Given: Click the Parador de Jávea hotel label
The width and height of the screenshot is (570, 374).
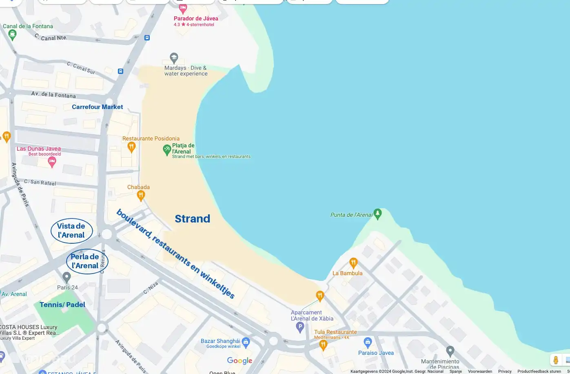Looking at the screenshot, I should [x=196, y=18].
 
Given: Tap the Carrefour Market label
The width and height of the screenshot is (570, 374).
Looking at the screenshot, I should [x=97, y=107].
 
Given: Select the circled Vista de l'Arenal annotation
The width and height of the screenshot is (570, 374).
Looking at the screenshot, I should [x=71, y=231].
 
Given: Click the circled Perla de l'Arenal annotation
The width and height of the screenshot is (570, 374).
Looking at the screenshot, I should [x=84, y=261].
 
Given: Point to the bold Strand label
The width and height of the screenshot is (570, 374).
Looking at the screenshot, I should [x=192, y=219].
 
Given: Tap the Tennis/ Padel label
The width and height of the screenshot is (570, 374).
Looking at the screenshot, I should [x=62, y=305].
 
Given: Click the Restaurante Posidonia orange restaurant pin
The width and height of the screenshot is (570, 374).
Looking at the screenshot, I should [x=131, y=146].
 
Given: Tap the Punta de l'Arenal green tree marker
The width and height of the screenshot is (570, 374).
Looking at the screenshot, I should [x=378, y=213].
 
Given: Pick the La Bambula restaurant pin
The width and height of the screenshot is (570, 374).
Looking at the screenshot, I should [x=353, y=263].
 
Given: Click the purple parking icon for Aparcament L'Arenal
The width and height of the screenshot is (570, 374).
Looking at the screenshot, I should [x=300, y=327].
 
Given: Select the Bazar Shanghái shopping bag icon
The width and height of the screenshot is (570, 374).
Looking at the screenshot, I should [x=246, y=341].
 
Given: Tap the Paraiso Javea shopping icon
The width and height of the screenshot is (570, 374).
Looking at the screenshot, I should [x=368, y=342].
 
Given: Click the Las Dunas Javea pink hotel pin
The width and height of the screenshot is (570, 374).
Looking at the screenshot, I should [x=52, y=162].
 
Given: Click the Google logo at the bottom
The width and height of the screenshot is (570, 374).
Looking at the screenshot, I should [x=240, y=361].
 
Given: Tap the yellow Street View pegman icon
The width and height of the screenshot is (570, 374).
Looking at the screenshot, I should [x=555, y=360].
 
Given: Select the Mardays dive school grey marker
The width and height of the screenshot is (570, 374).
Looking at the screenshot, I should [x=174, y=58].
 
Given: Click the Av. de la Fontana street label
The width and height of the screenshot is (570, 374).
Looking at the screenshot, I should [x=53, y=95].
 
